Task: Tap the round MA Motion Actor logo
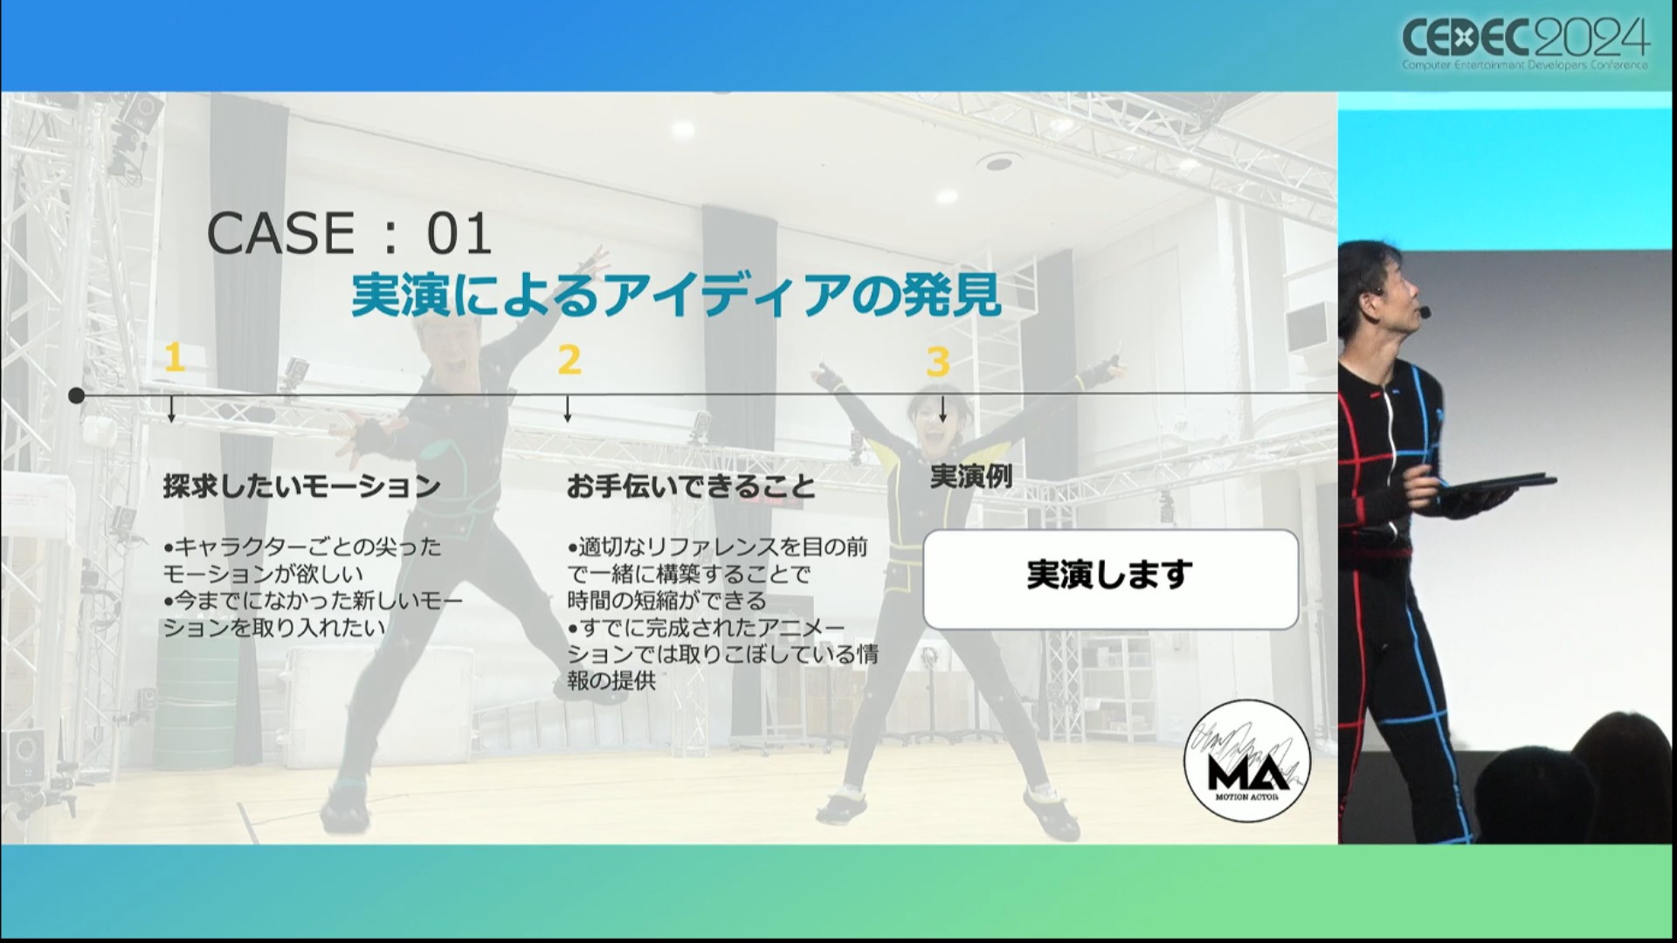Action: tap(1246, 761)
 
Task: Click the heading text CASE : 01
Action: tap(349, 234)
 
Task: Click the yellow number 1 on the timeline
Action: tap(174, 358)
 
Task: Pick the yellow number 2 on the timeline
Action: tap(569, 360)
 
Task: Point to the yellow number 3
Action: tap(937, 361)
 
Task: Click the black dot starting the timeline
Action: tap(77, 396)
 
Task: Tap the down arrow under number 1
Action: tap(171, 410)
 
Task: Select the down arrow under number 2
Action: tap(567, 410)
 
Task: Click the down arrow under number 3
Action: tap(942, 410)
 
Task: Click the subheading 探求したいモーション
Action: tap(301, 486)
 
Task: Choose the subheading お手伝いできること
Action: tap(691, 486)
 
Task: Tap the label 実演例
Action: tap(971, 477)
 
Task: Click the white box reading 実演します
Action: tap(1111, 579)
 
